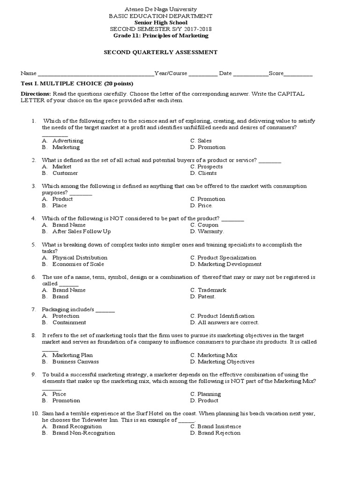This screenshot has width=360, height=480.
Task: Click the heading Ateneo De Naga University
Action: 160,9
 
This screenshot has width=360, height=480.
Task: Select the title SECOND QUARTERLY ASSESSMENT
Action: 160,52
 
